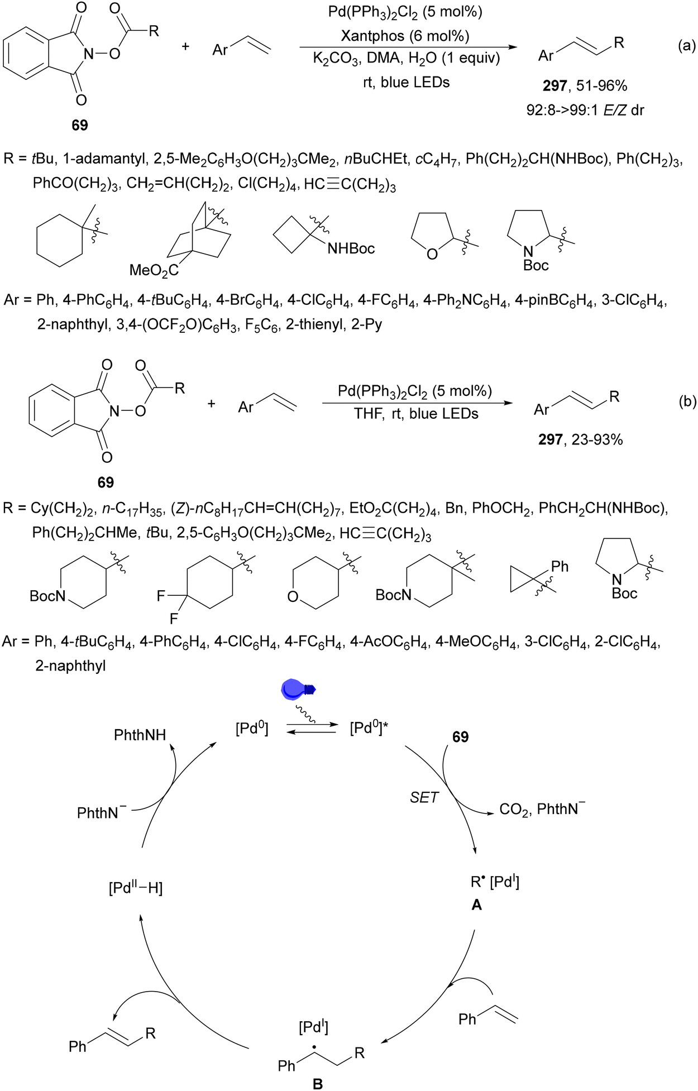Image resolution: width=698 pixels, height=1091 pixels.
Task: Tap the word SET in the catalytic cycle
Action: point(424,797)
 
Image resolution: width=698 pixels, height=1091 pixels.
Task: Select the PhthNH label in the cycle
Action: point(140,735)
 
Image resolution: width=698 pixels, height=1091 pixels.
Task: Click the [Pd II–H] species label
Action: point(136,887)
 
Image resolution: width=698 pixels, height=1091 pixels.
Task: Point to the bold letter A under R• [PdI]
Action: point(476,905)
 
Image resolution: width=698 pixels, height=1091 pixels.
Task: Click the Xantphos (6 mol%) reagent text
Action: point(405,36)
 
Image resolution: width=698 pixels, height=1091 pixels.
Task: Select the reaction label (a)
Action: point(686,46)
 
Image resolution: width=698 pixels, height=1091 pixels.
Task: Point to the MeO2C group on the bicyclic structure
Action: point(154,271)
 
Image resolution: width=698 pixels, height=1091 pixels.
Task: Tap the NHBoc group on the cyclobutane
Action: point(351,248)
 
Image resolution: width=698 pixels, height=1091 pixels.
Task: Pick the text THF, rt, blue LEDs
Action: point(416,414)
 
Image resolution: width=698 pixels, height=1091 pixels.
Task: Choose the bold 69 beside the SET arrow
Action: point(460,737)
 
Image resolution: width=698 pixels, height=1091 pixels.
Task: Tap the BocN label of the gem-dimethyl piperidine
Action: point(393,595)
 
